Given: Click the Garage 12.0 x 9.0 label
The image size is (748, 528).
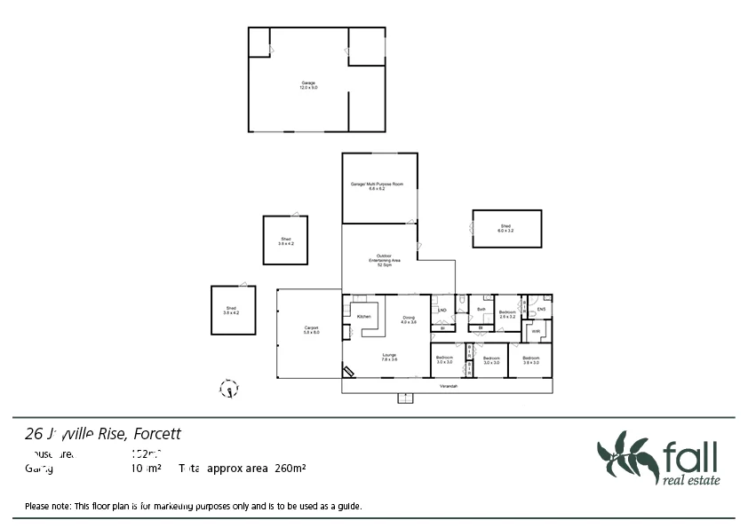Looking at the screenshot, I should click(307, 85).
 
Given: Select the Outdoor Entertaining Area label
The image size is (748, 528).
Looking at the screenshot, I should click(385, 260).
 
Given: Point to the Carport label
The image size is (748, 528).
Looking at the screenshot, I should click(311, 330).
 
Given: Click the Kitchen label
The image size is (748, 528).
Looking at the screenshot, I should click(363, 317).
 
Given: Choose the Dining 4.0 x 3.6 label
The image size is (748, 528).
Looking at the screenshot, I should click(409, 319).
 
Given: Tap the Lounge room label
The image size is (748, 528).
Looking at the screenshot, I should click(388, 357).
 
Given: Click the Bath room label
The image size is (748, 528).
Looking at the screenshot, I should click(481, 309).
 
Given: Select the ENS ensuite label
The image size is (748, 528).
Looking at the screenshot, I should click(540, 309).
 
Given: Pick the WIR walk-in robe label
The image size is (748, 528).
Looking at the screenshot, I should click(537, 331).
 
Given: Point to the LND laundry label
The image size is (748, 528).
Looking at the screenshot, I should click(442, 310).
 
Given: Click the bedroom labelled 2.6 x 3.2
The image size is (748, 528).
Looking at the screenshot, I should click(507, 313).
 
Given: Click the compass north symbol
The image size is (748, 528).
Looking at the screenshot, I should click(229, 388).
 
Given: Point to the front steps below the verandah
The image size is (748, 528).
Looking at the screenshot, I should click(405, 398).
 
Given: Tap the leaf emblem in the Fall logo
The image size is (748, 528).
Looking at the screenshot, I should click(625, 457).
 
